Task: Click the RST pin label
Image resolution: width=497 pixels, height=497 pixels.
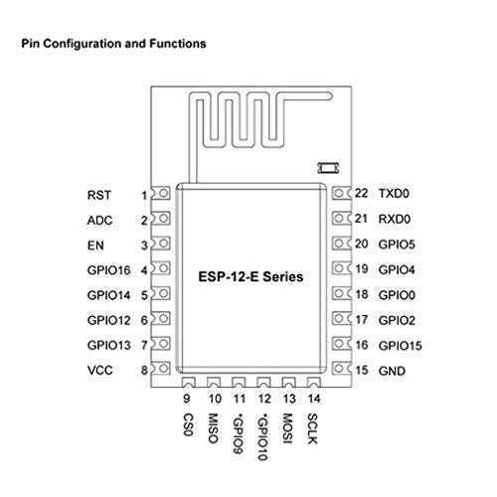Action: [x=99, y=195]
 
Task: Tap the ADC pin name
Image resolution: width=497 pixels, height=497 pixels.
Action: [x=99, y=221]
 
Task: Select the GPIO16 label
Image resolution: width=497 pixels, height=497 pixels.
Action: [x=109, y=270]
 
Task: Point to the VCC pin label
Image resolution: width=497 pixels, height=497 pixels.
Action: [x=99, y=370]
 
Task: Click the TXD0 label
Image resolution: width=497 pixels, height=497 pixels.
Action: [x=394, y=194]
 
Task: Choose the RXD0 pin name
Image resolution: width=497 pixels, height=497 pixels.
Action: [x=395, y=219]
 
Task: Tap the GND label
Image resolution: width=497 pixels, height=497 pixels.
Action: [x=392, y=371]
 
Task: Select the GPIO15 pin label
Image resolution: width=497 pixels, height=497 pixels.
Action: [x=401, y=346]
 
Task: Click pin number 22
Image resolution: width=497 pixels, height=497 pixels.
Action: [x=361, y=193]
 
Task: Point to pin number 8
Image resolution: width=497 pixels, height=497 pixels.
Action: [x=144, y=370]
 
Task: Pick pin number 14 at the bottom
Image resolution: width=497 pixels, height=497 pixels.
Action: [x=314, y=399]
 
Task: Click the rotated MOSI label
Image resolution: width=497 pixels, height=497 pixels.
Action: [x=287, y=428]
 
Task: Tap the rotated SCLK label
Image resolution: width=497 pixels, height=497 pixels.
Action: [x=312, y=428]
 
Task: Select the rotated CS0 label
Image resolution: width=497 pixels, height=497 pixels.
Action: [x=188, y=424]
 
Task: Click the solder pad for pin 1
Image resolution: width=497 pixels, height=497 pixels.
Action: [x=161, y=193]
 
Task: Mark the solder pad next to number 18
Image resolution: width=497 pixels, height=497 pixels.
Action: [x=341, y=293]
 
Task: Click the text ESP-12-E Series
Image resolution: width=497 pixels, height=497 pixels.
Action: [x=250, y=277]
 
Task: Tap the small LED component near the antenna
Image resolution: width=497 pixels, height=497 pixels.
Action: [x=328, y=168]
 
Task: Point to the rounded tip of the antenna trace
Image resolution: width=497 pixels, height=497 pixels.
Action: [x=329, y=96]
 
